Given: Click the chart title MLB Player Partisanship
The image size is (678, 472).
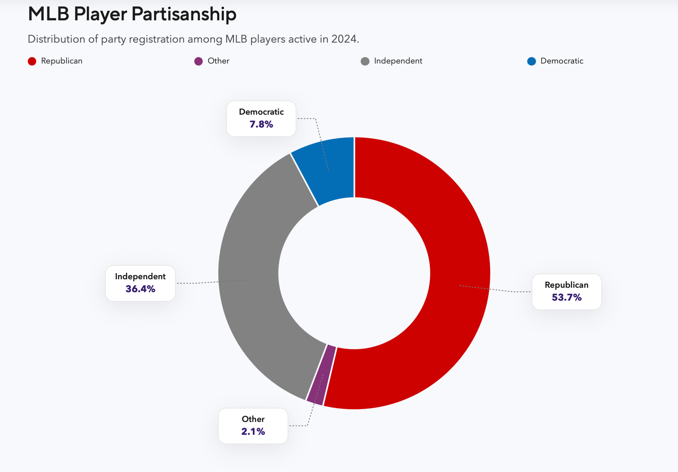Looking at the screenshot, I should (132, 14).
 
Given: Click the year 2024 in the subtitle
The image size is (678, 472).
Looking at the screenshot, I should (344, 39).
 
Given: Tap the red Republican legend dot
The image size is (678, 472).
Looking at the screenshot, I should (32, 61).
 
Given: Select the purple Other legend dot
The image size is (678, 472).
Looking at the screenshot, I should (198, 61).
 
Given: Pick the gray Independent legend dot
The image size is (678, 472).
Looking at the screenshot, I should (365, 61).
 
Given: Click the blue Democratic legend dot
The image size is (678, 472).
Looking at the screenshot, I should (531, 61).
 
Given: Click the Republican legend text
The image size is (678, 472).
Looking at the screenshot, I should (62, 61).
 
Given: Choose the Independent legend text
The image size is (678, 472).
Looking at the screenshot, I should (398, 61).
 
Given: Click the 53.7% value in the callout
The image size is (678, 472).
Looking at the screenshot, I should (566, 297).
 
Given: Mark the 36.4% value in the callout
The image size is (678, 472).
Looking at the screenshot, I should (140, 289).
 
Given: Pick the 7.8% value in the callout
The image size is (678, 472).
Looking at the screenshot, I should (261, 124).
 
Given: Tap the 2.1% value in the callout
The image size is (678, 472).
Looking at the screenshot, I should (253, 431).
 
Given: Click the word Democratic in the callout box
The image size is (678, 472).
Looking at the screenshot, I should (261, 112).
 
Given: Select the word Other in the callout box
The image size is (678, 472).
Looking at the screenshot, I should (253, 419).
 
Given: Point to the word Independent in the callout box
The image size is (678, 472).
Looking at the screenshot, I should (140, 277).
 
